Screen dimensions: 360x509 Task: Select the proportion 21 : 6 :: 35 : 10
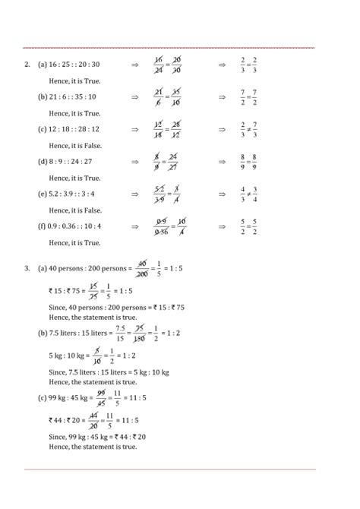click(72, 97)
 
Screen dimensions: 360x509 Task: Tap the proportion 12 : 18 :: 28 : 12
click(74, 129)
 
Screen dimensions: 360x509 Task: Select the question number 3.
click(27, 267)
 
